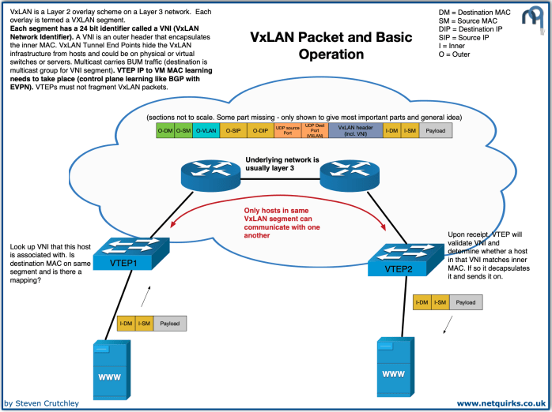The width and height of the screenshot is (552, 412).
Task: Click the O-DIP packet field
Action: click(262, 130)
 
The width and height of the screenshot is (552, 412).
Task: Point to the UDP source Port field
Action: click(289, 130)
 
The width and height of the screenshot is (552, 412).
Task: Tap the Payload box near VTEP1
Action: click(169, 323)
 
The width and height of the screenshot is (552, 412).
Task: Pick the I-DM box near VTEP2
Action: click(422, 302)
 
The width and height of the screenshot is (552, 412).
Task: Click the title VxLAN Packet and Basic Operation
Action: click(331, 46)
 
